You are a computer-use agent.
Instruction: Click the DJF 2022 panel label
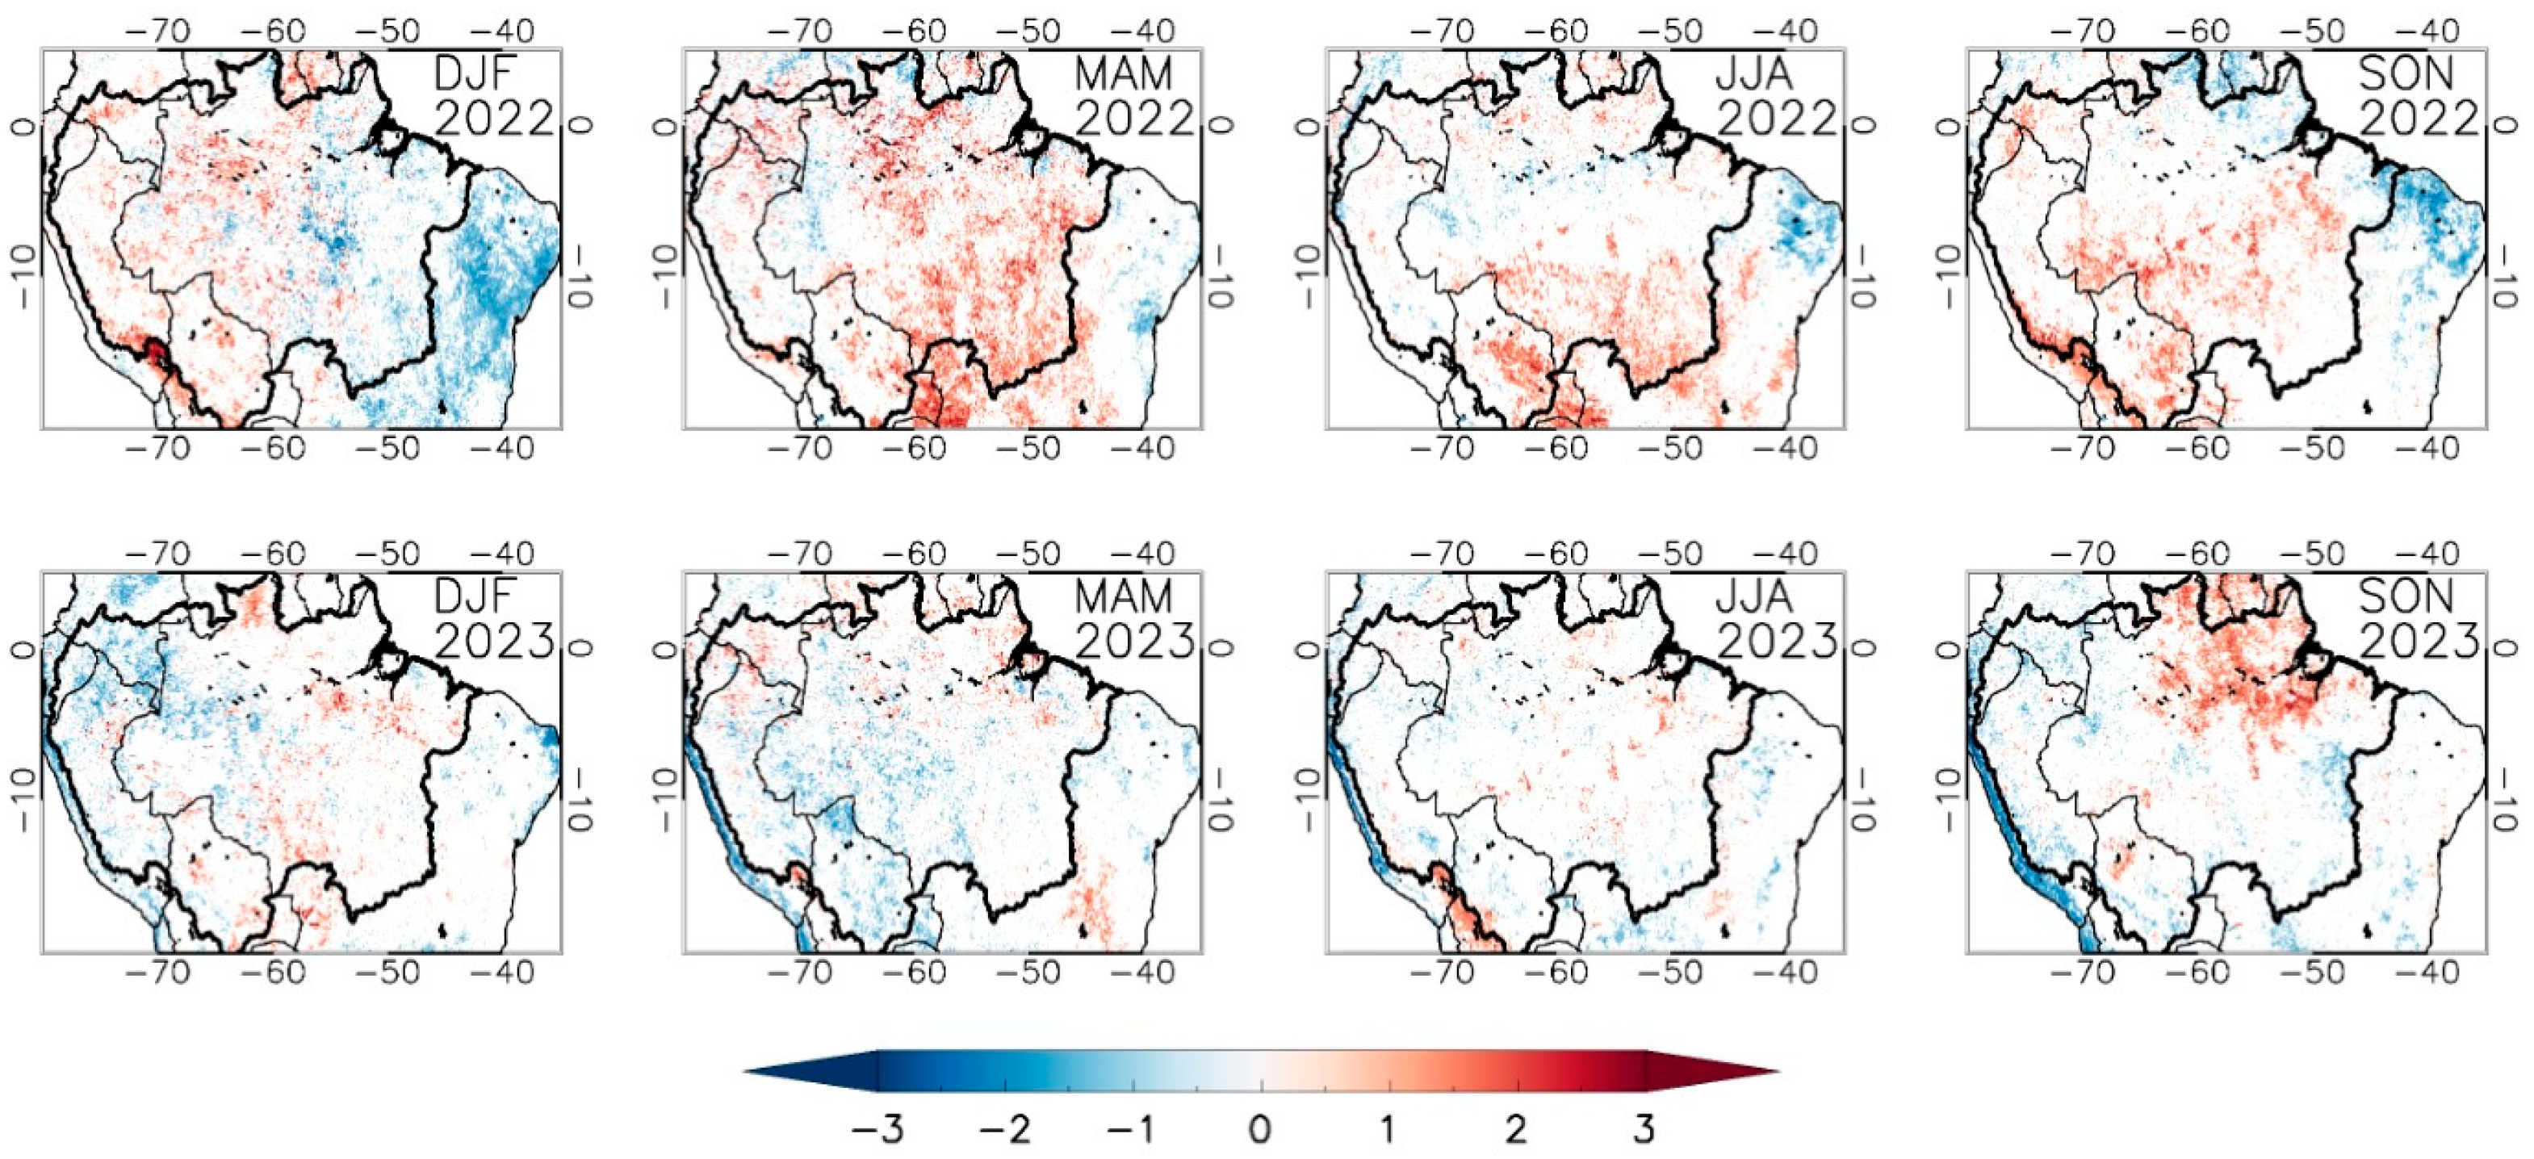click(494, 96)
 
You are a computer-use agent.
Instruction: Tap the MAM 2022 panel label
click(1134, 96)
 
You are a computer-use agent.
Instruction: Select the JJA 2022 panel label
click(1777, 96)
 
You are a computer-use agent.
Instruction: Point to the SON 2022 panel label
click(2419, 96)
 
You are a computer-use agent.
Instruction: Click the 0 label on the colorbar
click(1260, 1128)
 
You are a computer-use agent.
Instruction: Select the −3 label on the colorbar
click(877, 1128)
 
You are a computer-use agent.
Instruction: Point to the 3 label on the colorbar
click(1644, 1128)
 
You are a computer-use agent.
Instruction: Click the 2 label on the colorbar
click(1516, 1128)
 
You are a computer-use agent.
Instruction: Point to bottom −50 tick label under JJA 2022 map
click(1669, 450)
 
